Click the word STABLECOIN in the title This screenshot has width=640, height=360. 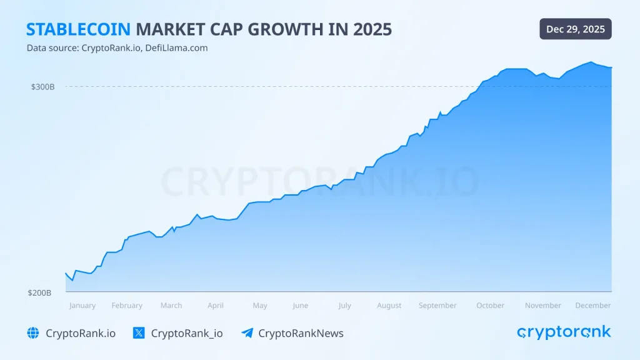[79, 29]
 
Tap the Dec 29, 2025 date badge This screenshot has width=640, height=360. [576, 29]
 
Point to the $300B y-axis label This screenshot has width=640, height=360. [43, 87]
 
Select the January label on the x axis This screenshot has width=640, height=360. [82, 306]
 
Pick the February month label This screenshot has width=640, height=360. [127, 306]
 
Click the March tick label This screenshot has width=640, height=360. [171, 306]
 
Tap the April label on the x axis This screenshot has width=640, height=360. [216, 306]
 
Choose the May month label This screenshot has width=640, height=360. [260, 306]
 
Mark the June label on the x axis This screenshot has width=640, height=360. [301, 306]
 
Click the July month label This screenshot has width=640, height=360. [344, 306]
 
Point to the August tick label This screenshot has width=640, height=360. [389, 306]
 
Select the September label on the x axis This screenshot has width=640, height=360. [437, 306]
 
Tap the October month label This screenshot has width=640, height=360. [491, 306]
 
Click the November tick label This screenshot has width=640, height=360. [543, 306]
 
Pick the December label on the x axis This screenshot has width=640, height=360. [593, 306]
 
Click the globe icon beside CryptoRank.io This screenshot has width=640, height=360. [33, 333]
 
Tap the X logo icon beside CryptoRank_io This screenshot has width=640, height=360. [139, 333]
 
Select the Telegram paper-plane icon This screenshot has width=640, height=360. [247, 333]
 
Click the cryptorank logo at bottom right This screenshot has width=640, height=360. [564, 332]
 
